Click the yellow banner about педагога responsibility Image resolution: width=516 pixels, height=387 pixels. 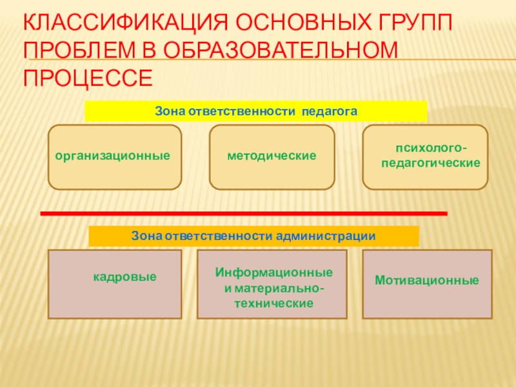pos(256,112)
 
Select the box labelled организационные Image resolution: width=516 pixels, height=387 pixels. pos(115,157)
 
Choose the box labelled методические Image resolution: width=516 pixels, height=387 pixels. pos(272,157)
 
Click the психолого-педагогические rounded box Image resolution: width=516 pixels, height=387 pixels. pos(426,157)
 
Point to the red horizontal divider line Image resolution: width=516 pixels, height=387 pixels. pos(244,213)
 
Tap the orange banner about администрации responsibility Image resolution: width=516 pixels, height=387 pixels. pos(253,236)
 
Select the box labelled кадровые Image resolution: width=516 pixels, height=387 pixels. pos(115,284)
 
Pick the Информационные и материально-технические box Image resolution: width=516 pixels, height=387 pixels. pos(272,284)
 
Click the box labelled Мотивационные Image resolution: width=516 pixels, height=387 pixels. pos(427,284)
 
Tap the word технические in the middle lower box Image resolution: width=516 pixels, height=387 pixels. pos(273,303)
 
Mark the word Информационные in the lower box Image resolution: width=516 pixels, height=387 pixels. pos(274,272)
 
